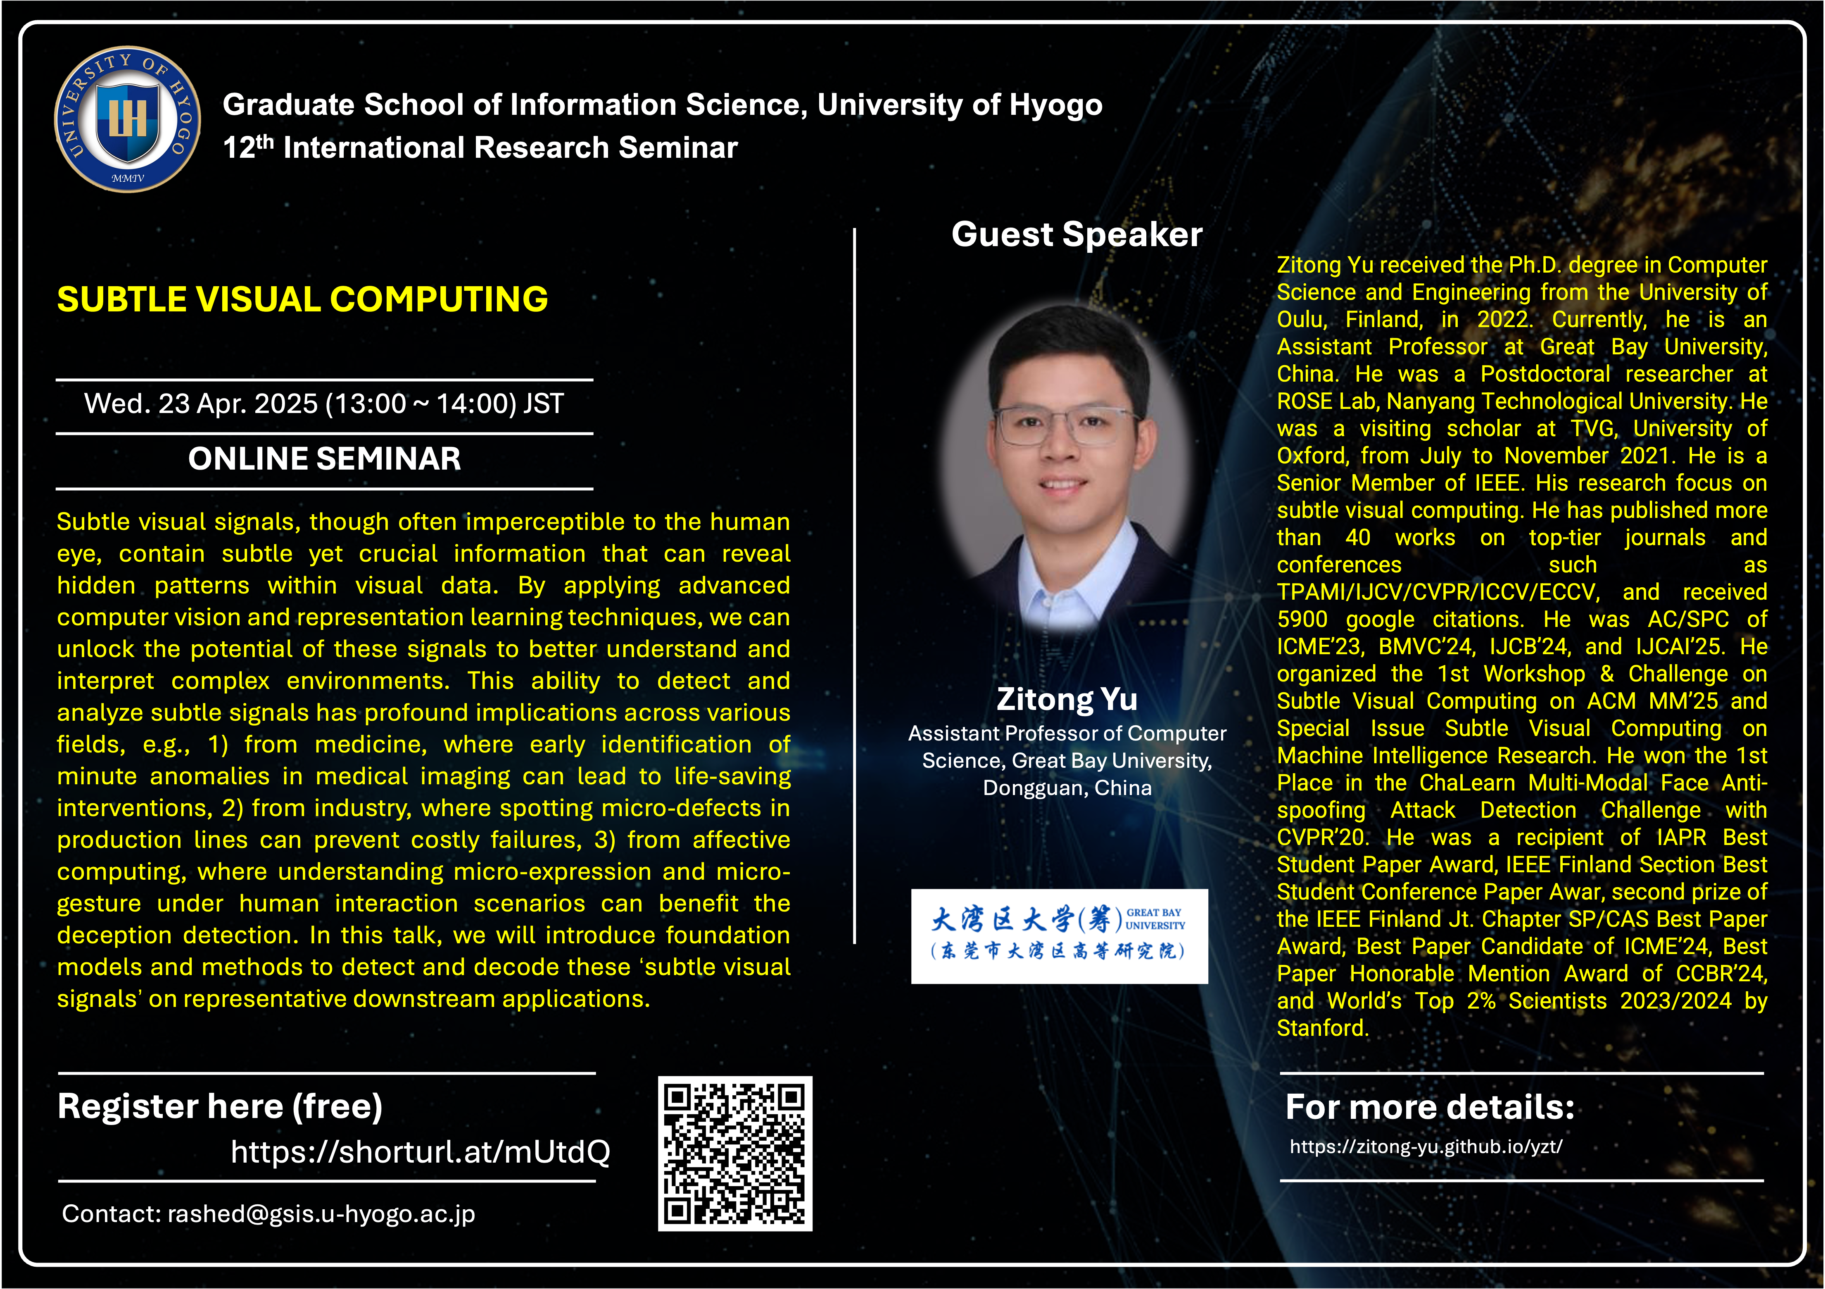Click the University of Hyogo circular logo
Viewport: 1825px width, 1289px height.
pos(127,119)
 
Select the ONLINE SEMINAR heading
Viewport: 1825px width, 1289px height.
pos(324,458)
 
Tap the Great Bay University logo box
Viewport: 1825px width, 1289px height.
pos(1060,936)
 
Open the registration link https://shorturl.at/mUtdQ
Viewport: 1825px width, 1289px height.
pos(421,1151)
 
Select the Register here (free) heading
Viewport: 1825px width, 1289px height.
pos(220,1106)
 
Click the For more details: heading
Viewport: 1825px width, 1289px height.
pos(1430,1107)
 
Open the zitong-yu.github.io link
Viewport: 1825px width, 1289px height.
pos(1426,1147)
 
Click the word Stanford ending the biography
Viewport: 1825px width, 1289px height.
pos(1323,1028)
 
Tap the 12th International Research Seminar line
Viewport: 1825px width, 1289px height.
pos(480,148)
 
